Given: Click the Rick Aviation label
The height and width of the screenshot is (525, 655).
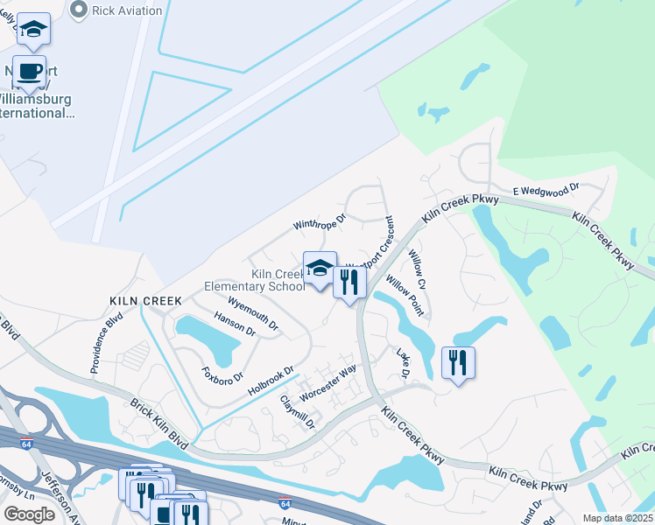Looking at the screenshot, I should (x=127, y=10).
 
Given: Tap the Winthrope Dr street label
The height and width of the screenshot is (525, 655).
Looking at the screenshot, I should (x=320, y=223).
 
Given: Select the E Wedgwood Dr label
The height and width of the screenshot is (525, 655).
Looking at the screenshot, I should (x=547, y=188).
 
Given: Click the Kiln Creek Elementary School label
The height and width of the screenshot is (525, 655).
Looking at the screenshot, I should (x=254, y=280).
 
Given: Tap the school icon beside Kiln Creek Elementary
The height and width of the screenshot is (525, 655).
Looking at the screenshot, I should (x=320, y=268).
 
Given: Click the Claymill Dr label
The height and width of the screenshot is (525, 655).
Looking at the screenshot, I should (x=296, y=412).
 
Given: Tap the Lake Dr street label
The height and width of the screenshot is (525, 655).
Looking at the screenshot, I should (x=404, y=363).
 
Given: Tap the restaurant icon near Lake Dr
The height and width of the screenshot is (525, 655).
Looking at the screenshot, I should (x=459, y=361).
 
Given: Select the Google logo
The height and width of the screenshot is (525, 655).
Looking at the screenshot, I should (x=30, y=514).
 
